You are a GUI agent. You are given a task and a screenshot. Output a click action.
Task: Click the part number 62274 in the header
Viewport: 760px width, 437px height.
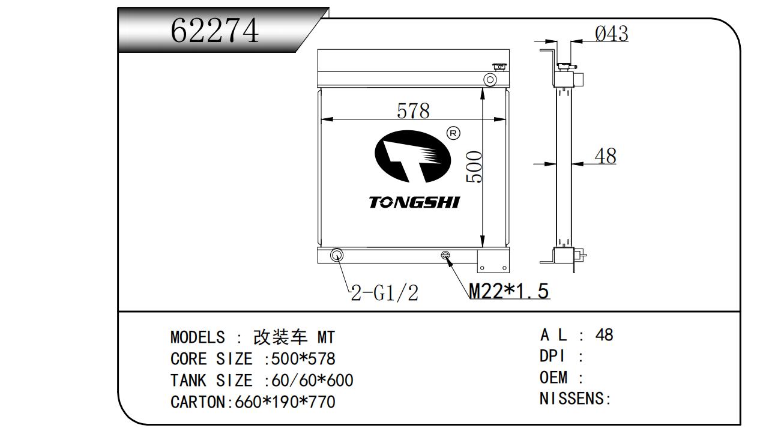tap(214, 31)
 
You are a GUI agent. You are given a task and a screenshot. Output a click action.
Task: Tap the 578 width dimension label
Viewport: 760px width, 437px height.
tap(413, 110)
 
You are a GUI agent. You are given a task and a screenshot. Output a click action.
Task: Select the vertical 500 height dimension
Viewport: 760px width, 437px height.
tap(474, 167)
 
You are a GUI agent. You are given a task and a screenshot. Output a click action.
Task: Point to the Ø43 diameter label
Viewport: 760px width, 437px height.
tap(611, 34)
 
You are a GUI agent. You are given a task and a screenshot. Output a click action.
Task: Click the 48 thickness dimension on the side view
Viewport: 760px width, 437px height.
tap(605, 156)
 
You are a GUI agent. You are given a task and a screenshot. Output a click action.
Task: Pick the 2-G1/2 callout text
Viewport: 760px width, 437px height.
tap(384, 293)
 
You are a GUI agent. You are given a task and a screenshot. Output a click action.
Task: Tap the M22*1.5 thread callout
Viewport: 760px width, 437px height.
tap(508, 291)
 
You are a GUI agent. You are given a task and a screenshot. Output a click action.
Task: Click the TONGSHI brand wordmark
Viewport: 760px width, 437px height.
tap(414, 202)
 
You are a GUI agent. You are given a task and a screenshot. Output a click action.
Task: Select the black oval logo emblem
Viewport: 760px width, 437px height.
tap(412, 156)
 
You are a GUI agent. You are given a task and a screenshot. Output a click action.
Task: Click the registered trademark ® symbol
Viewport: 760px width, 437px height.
tap(453, 133)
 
